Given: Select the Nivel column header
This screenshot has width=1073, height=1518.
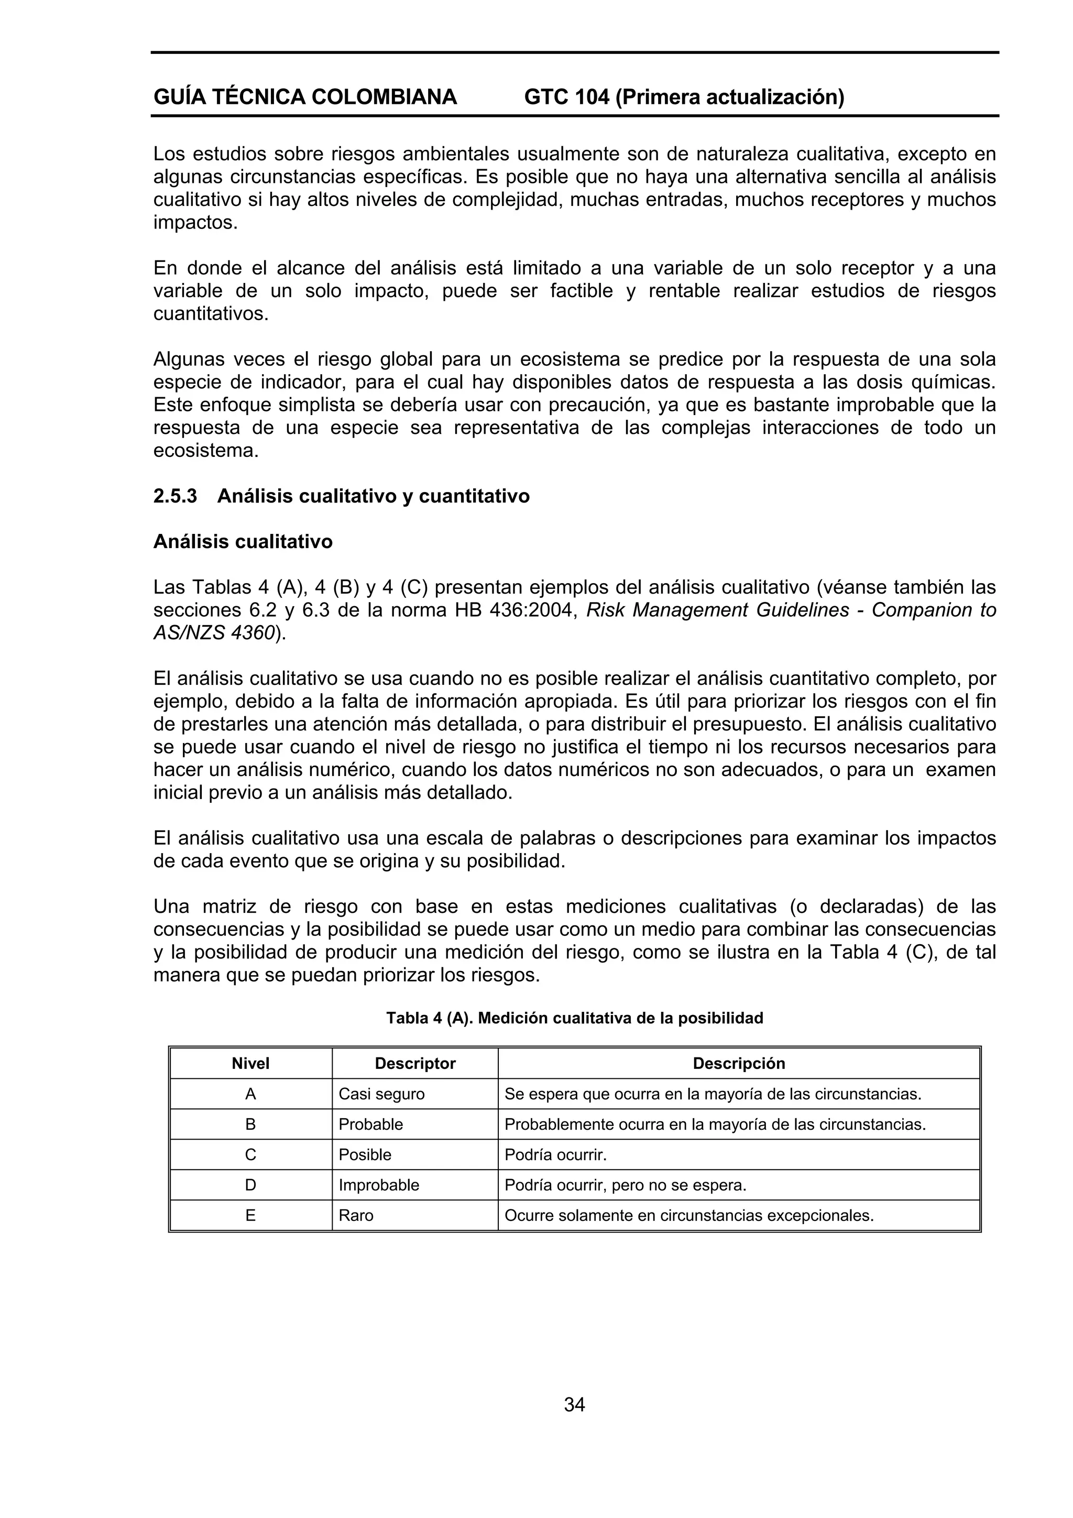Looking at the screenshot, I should tap(250, 1063).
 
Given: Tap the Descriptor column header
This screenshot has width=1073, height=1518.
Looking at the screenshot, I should tap(415, 1063).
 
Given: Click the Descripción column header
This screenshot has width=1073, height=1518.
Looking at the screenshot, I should tap(738, 1063).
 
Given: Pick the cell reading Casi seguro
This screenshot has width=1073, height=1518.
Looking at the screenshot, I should tap(381, 1094).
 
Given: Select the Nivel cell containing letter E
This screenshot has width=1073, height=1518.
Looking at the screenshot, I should tap(250, 1215).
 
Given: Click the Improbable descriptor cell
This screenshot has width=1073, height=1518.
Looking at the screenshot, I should tap(379, 1185).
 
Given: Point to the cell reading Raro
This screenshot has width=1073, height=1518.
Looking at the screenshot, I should tap(356, 1215).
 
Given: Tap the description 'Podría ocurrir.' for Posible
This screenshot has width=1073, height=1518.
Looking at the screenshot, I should tap(555, 1154).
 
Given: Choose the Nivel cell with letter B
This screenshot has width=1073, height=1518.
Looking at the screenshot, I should tap(250, 1124).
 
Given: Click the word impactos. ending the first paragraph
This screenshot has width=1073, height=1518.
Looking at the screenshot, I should tap(195, 222).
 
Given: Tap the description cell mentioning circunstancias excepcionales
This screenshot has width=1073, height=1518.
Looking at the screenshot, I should tap(689, 1215).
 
